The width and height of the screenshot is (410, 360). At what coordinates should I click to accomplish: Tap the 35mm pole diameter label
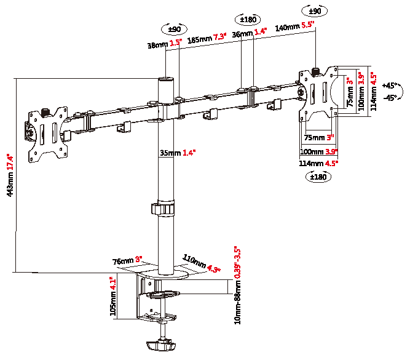coord(178,153)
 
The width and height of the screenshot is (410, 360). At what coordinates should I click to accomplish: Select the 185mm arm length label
coord(207,38)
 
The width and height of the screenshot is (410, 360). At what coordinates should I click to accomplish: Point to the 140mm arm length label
coord(294,26)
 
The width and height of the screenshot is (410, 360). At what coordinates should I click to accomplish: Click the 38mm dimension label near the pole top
coord(164,44)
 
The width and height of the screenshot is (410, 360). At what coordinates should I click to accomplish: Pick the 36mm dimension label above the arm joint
coord(249,33)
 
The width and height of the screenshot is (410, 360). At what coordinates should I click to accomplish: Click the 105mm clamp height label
coord(112,296)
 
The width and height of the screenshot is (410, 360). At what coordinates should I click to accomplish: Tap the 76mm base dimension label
coord(127,260)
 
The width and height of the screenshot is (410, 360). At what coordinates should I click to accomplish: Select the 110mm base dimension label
coord(201,263)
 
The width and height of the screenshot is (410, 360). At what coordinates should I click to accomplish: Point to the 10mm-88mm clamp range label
coord(237,285)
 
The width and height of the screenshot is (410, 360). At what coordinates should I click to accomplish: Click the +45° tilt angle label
coord(389,86)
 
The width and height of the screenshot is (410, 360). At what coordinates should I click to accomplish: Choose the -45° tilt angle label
coord(390,98)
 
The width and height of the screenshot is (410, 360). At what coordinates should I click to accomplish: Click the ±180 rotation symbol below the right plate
coord(318,177)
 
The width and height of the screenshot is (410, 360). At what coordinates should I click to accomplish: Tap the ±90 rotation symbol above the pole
coord(175,29)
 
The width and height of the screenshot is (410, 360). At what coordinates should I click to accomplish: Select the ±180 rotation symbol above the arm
coord(248,19)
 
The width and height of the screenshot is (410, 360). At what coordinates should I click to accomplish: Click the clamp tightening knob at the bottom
coord(160,345)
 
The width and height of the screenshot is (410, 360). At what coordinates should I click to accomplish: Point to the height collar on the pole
coord(163,209)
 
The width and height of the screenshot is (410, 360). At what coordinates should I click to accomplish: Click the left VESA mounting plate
coord(47,135)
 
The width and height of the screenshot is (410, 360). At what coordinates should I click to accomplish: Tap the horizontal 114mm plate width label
coord(318,163)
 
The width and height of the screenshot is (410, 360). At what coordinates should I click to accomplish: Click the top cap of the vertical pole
coord(167,79)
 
